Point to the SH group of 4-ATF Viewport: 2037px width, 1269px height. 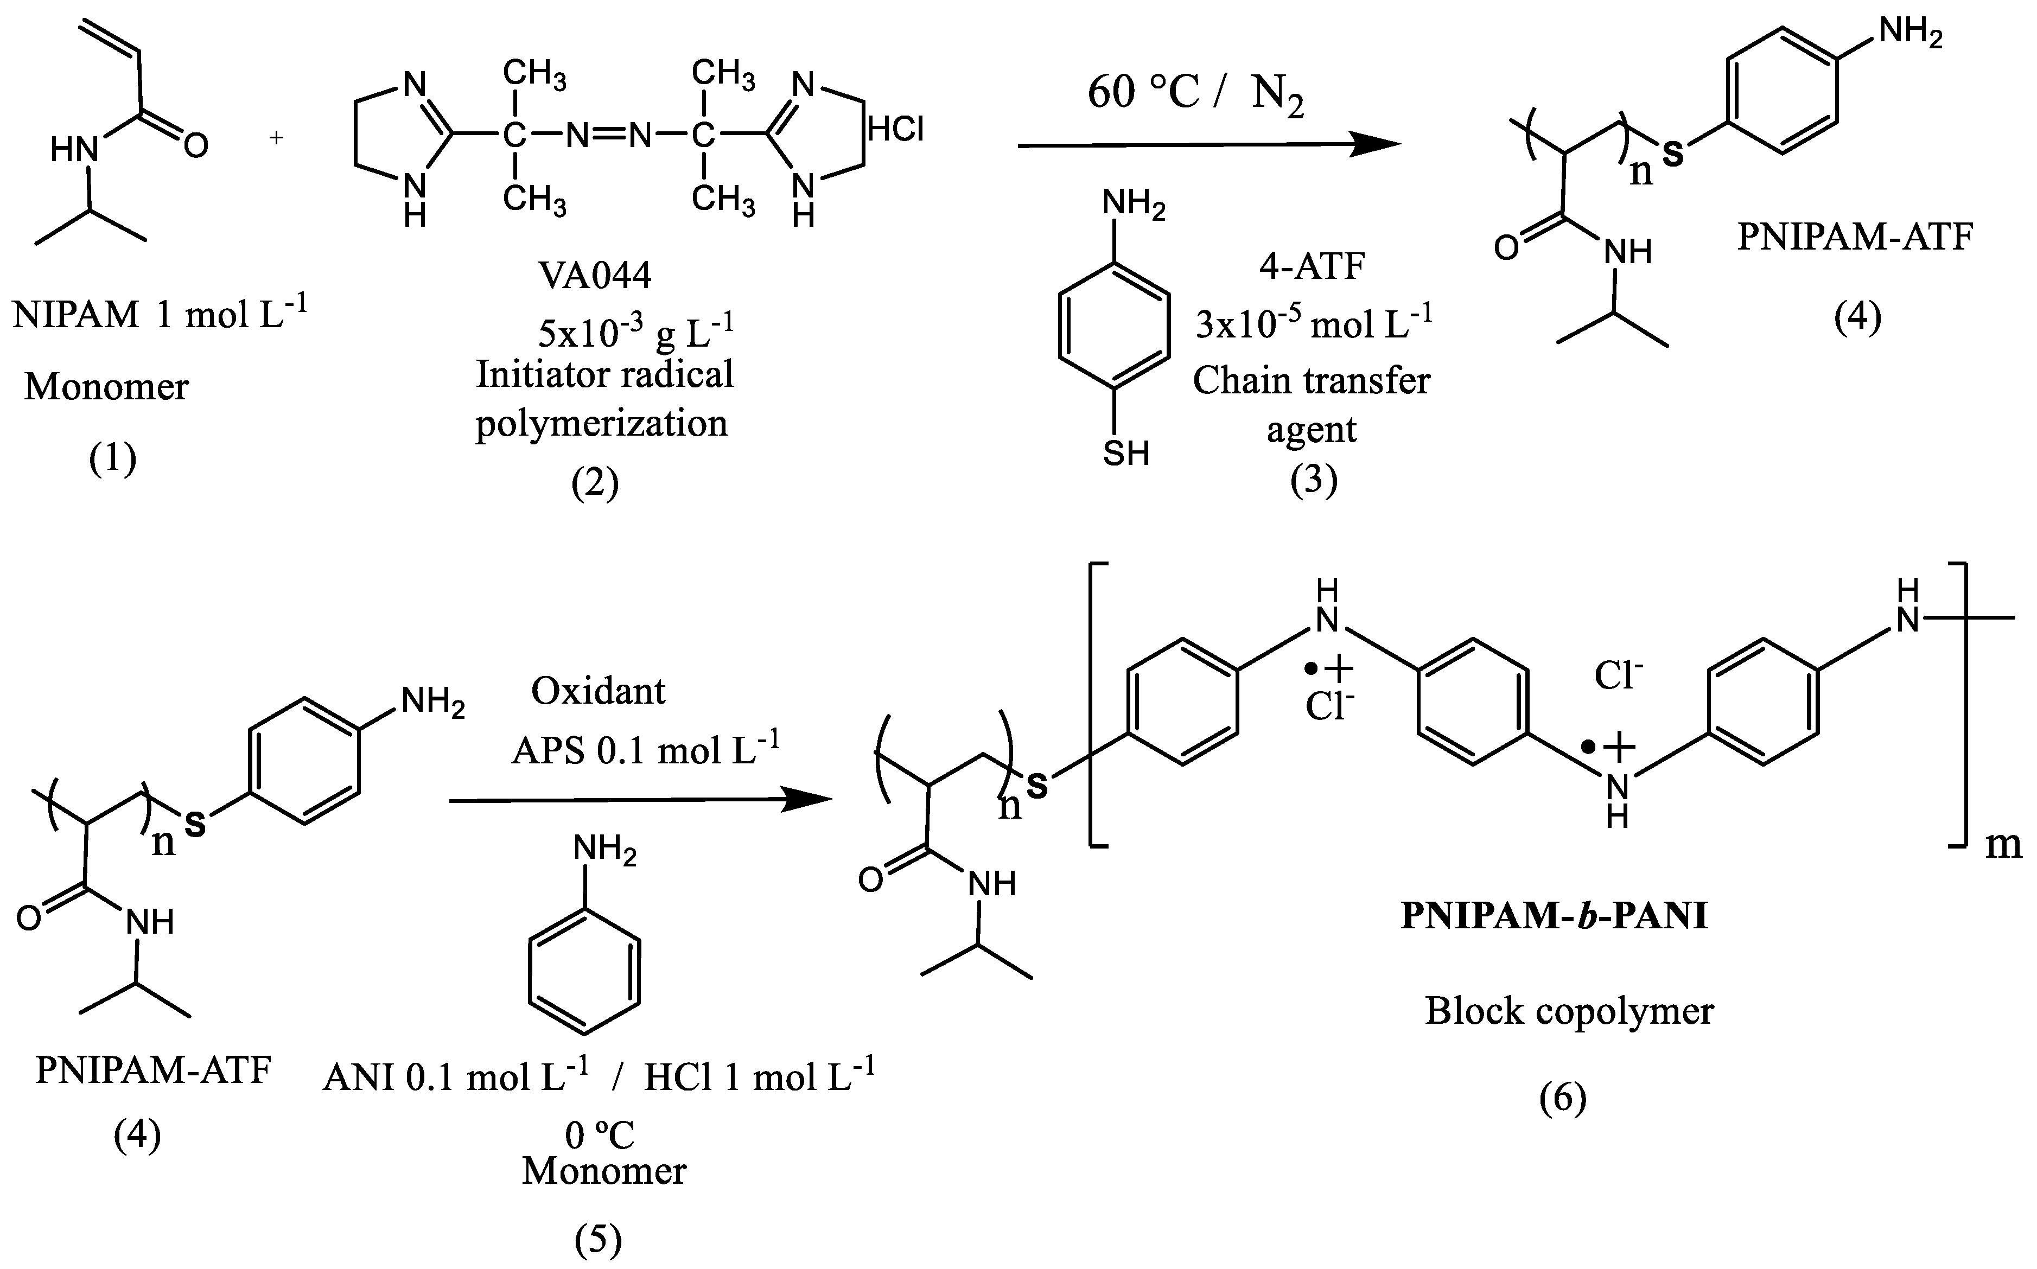pyautogui.click(x=1125, y=453)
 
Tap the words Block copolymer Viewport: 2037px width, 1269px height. pyautogui.click(x=1569, y=1011)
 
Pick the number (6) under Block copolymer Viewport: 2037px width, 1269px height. pyautogui.click(x=1563, y=1097)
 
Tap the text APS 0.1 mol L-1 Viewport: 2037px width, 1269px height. pyautogui.click(x=645, y=749)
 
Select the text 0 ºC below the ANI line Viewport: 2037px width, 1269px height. pyautogui.click(x=599, y=1134)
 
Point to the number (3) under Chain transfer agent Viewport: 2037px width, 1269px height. pyautogui.click(x=1314, y=479)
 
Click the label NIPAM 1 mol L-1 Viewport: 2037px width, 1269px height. pyautogui.click(x=160, y=314)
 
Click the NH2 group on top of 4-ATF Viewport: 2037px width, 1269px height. pyautogui.click(x=1132, y=204)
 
